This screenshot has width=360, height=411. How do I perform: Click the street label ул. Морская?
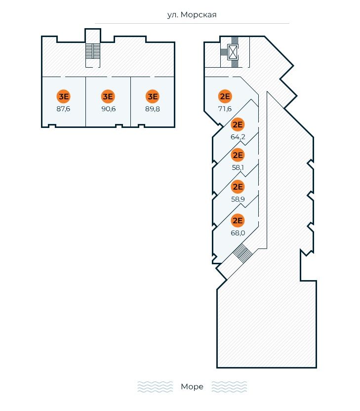click(x=192, y=15)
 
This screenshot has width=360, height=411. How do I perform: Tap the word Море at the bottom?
click(x=192, y=387)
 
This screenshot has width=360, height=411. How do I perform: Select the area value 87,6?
click(x=64, y=109)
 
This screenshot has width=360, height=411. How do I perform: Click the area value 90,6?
click(x=108, y=109)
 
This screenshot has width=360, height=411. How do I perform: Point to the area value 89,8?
click(x=153, y=109)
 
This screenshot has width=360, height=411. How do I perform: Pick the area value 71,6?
click(x=225, y=109)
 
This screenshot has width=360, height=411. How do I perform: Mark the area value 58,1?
click(x=238, y=167)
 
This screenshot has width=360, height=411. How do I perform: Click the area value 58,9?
click(x=238, y=199)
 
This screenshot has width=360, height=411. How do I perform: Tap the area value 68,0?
click(x=238, y=233)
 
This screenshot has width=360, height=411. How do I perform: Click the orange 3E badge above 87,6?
click(x=64, y=96)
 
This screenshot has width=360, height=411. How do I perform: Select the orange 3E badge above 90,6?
click(x=108, y=96)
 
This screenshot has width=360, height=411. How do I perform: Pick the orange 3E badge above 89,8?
click(x=153, y=96)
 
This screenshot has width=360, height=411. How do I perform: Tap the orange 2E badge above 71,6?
click(x=225, y=96)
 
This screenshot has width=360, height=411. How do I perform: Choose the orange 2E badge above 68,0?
click(x=238, y=221)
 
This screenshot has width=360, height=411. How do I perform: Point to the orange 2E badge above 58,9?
click(x=238, y=187)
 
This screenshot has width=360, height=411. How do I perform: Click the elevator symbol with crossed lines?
click(x=233, y=52)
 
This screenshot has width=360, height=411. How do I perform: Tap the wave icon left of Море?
click(x=155, y=387)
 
